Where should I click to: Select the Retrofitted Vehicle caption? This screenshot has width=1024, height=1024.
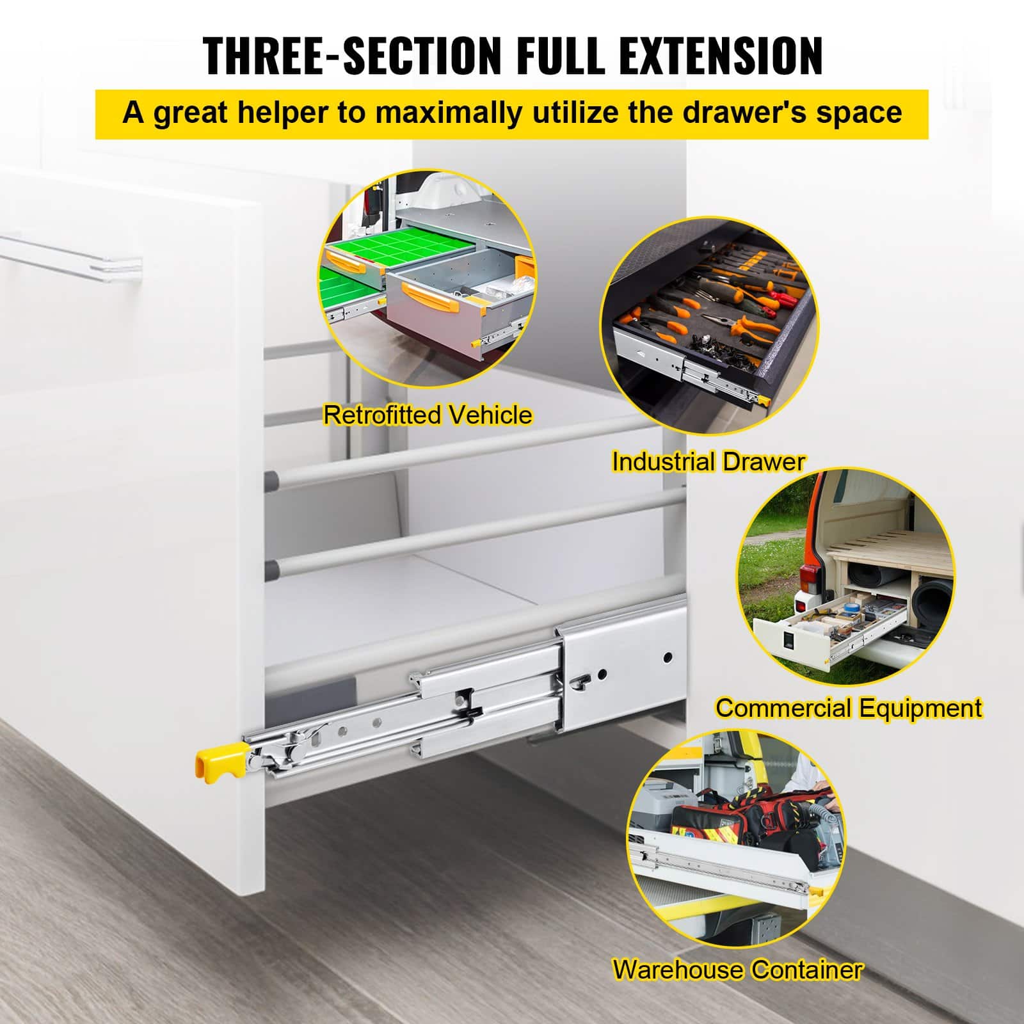[428, 415]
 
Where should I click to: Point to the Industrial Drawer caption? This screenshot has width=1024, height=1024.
[708, 461]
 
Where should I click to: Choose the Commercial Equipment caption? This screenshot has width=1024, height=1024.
[849, 708]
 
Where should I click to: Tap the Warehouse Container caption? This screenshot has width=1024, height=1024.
[738, 970]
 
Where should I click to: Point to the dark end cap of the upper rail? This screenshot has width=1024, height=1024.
[272, 477]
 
